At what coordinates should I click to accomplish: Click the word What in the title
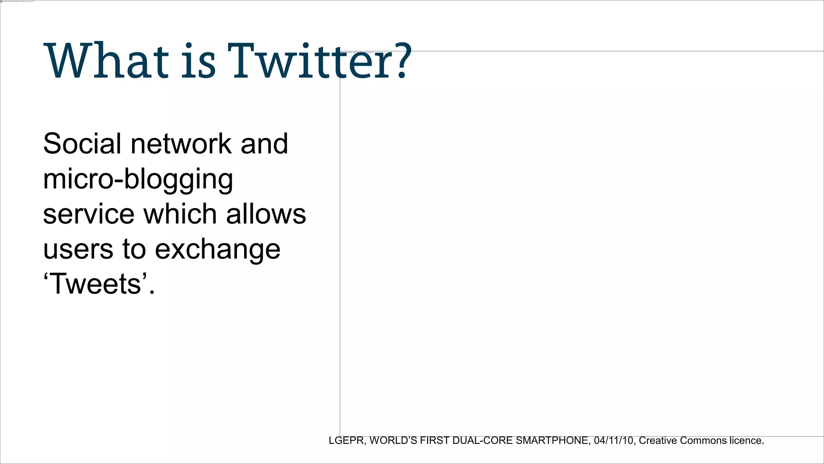point(107,61)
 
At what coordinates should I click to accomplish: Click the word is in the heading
point(198,61)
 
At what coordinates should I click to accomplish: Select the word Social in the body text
point(82,144)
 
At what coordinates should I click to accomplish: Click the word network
point(181,144)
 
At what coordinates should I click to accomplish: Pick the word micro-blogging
point(138,180)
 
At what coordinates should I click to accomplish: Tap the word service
point(89,214)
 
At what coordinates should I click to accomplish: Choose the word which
point(180,214)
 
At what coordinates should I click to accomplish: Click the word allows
point(266,214)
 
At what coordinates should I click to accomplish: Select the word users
point(78,249)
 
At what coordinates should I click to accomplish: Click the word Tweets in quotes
point(97,284)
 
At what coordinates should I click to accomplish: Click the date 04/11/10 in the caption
point(613,441)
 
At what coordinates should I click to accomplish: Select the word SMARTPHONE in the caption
point(552,441)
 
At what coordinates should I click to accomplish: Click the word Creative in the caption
point(658,441)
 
